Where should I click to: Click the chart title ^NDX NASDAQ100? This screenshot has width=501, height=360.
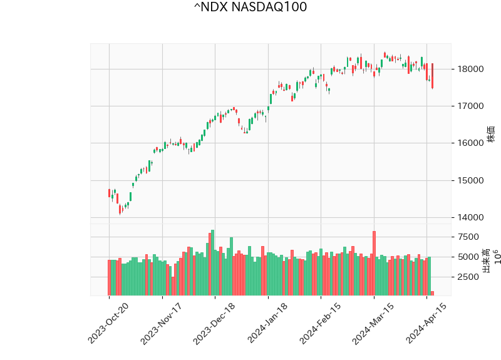pos(250,8)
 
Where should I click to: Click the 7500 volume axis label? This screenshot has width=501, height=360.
pos(467,237)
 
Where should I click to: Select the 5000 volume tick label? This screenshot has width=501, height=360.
pos(467,257)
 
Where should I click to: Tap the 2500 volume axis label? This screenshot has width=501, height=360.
pos(467,277)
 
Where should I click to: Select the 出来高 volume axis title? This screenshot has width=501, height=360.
pos(486,260)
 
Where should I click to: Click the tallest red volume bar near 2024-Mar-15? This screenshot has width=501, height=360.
pos(374,263)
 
